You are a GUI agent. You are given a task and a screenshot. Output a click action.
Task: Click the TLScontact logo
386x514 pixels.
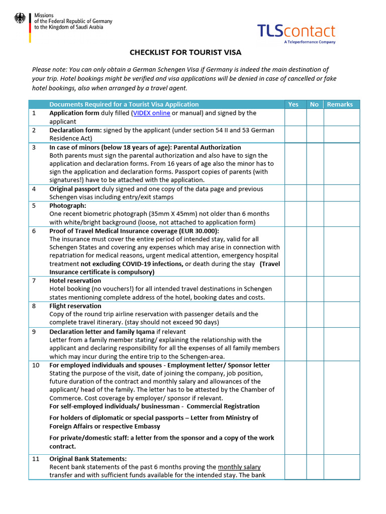296,31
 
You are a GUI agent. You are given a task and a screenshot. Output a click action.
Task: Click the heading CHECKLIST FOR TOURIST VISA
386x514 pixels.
185,52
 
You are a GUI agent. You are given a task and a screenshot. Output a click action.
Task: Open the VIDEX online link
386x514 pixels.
151,113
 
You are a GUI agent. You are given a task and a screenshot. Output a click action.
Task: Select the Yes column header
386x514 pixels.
293,104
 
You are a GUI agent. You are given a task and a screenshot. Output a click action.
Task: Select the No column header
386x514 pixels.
315,104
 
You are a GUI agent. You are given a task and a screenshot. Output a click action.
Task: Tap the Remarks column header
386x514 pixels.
340,104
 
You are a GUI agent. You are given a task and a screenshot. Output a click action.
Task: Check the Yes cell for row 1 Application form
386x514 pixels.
296,117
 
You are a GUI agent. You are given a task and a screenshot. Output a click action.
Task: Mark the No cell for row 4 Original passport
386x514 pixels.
315,193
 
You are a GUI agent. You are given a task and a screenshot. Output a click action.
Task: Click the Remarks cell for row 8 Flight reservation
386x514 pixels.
341,314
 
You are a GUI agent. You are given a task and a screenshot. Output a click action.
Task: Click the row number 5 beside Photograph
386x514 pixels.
34,205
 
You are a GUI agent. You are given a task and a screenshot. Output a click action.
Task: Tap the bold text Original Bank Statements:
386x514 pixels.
88,459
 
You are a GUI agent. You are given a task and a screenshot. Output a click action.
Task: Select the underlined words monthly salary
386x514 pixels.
239,467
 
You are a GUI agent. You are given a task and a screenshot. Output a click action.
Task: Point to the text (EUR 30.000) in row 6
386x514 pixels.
199,231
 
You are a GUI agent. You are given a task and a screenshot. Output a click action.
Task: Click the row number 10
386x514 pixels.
36,365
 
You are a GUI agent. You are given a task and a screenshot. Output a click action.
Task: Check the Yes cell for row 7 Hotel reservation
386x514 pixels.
296,289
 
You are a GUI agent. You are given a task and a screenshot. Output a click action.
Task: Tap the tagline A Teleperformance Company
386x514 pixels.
310,43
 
